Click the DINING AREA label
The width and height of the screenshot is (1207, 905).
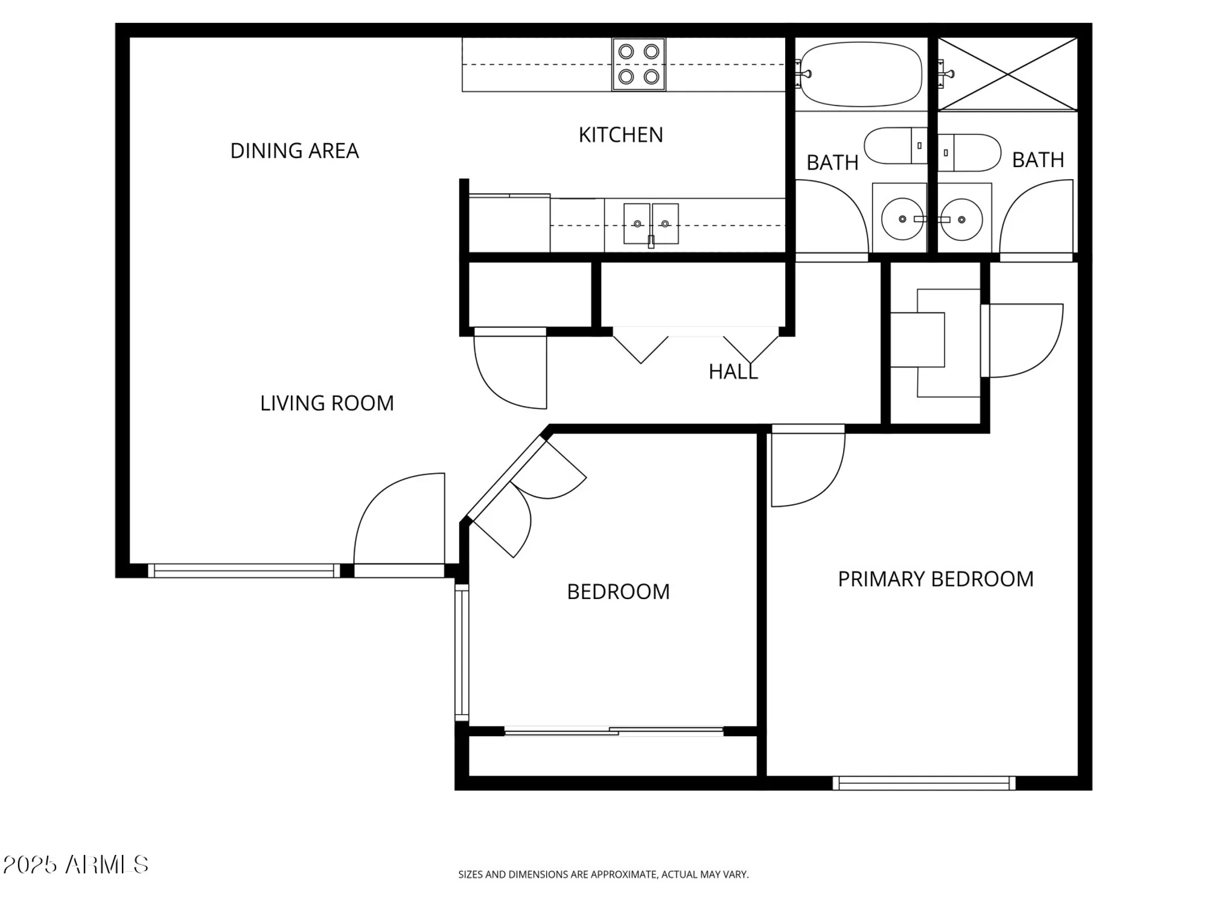click(295, 151)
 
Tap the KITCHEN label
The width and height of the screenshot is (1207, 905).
click(620, 135)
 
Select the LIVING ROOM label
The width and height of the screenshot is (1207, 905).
click(326, 403)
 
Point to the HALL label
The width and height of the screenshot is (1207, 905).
click(733, 372)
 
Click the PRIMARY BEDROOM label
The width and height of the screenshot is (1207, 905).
click(935, 579)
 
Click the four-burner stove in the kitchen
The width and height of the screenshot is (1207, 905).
click(639, 64)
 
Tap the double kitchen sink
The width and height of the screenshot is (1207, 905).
click(651, 224)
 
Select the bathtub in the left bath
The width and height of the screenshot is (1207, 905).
click(861, 74)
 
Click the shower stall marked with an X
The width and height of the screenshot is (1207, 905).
click(1008, 74)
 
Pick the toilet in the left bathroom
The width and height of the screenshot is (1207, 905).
click(896, 145)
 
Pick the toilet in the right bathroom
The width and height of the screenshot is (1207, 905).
click(969, 153)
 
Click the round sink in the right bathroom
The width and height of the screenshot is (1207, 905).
click(962, 220)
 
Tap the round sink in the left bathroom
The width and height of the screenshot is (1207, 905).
click(902, 220)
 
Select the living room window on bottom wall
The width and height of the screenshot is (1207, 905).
click(244, 571)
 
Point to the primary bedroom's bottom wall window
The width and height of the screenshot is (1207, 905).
click(924, 783)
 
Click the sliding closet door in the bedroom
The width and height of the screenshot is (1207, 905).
click(614, 732)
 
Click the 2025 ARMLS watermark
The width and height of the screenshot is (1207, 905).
click(75, 865)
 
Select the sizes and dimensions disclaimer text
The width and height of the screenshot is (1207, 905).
click(603, 874)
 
